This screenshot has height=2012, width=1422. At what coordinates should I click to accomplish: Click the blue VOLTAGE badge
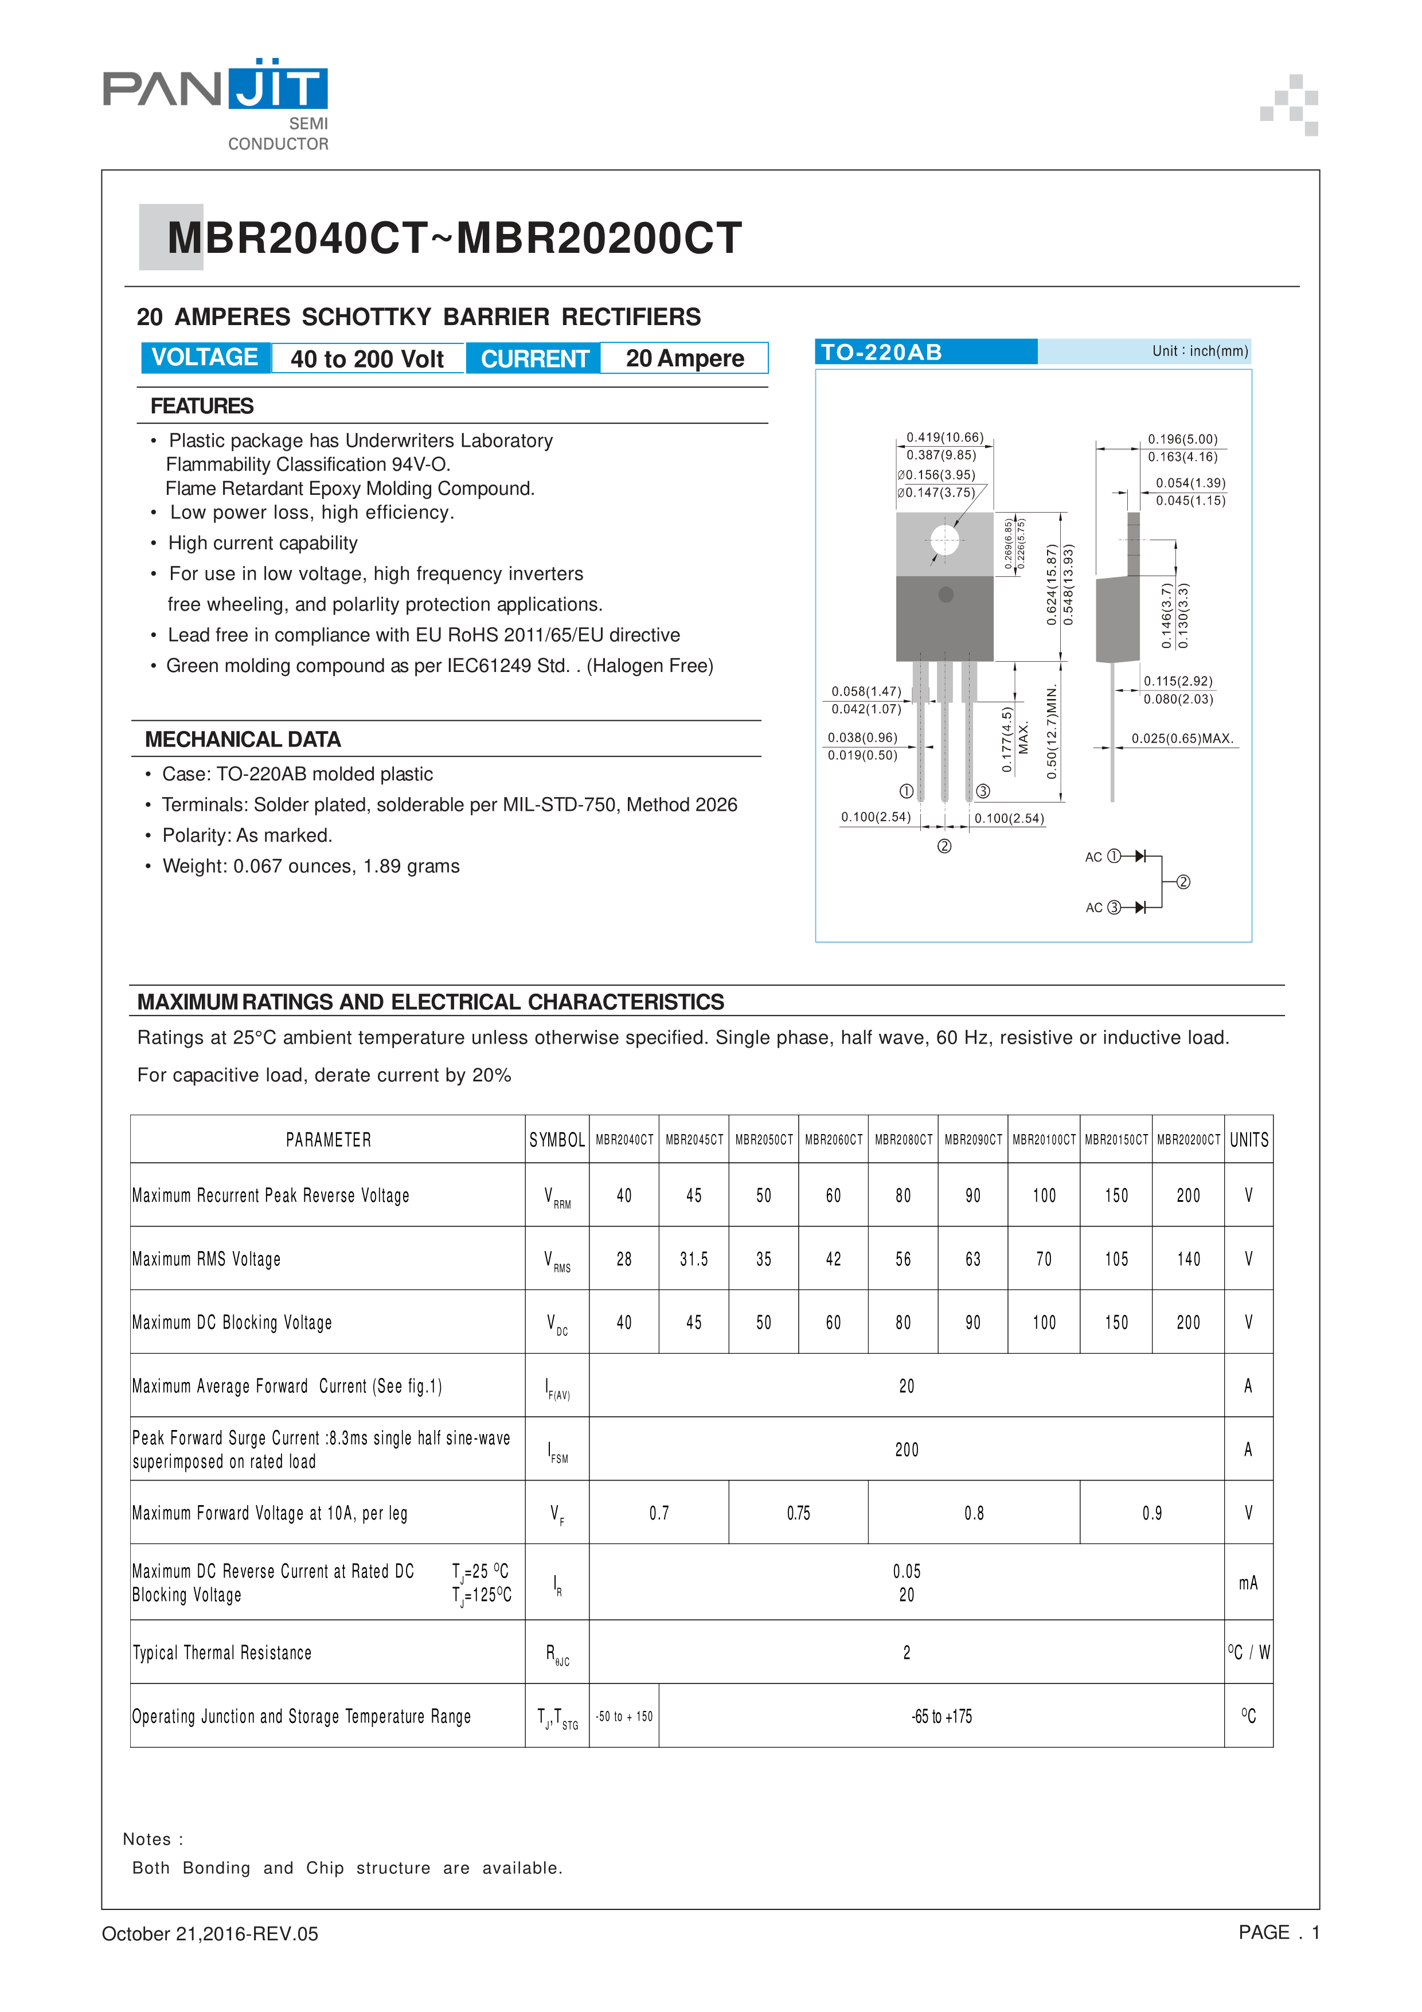click(205, 358)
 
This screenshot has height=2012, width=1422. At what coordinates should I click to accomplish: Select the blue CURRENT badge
click(534, 358)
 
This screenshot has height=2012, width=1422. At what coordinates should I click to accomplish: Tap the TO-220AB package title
click(881, 352)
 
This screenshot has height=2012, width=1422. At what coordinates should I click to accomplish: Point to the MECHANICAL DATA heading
click(243, 740)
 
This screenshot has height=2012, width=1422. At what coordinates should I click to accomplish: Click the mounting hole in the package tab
click(944, 540)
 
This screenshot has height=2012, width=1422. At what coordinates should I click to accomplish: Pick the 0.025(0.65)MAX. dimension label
click(1182, 739)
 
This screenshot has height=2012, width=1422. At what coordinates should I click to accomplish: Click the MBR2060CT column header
click(833, 1139)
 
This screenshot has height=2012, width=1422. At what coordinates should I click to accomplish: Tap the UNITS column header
click(1248, 1139)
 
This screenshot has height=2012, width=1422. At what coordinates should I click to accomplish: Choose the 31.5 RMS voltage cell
click(693, 1259)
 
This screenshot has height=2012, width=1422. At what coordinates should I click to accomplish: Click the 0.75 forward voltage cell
click(798, 1513)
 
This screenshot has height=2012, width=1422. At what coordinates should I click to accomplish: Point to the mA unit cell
click(1248, 1583)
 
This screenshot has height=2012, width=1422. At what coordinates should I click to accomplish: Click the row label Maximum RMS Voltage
click(207, 1259)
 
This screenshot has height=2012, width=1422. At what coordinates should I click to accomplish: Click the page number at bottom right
click(1278, 1933)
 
